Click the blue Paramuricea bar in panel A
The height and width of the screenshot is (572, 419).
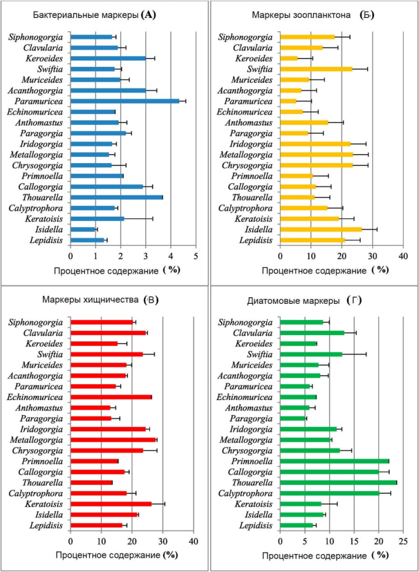click(x=125, y=101)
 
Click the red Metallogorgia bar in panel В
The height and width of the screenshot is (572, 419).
click(x=113, y=440)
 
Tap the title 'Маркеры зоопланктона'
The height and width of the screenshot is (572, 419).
click(x=306, y=16)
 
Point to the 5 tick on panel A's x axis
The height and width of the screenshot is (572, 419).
click(x=196, y=256)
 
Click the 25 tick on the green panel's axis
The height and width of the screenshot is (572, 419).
click(x=403, y=541)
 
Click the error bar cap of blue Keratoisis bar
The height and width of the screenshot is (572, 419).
click(x=153, y=218)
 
